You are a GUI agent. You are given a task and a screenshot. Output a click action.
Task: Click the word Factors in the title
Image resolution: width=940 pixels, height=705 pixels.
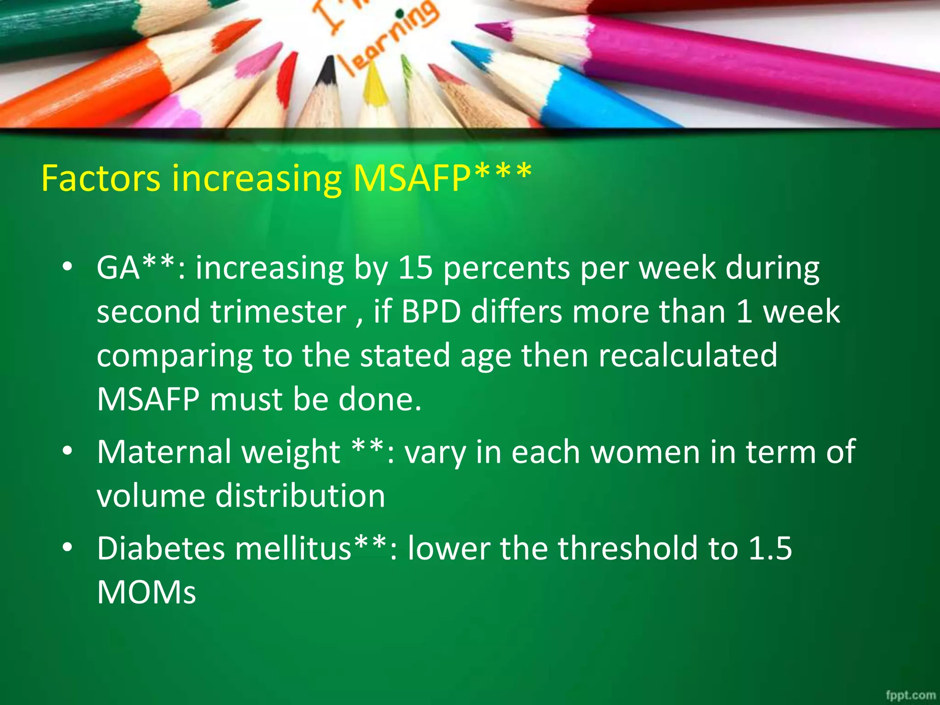101,178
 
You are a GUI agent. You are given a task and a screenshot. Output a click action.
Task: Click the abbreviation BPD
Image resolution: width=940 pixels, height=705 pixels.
431,312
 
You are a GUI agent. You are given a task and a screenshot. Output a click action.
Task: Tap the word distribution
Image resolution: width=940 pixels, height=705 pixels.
300,496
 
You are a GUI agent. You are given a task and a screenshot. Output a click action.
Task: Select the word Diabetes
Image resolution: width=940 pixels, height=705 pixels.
160,548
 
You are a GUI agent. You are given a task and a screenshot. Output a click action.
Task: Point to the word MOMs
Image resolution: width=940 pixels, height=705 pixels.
146,593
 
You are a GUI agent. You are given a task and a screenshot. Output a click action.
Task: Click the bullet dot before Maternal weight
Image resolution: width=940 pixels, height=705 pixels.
67,451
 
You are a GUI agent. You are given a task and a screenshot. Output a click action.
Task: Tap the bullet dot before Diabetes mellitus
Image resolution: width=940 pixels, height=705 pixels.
67,547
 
